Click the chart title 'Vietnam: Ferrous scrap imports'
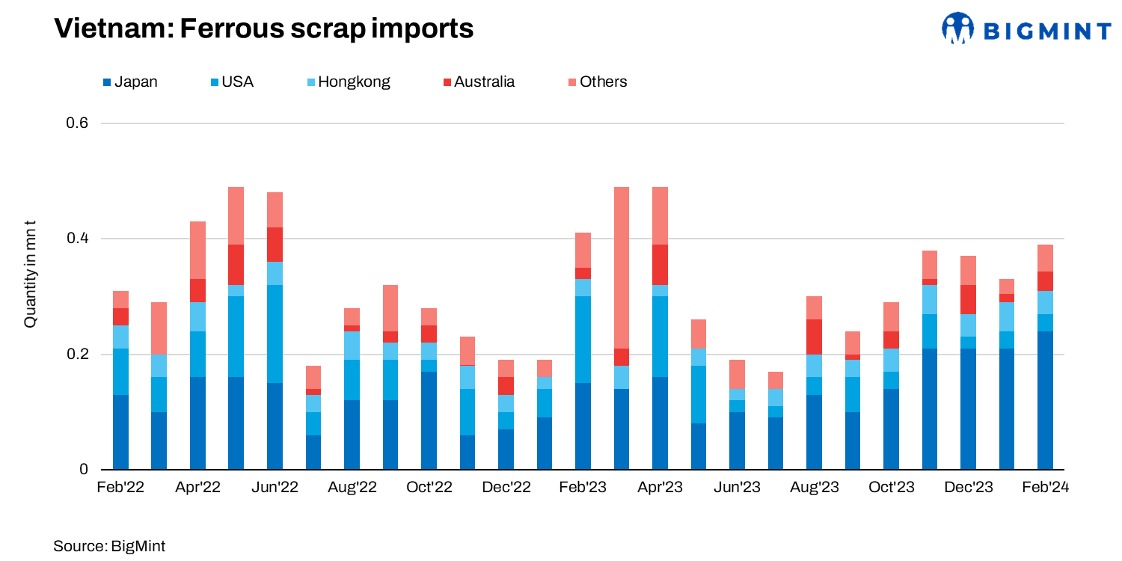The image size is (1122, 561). (x=264, y=28)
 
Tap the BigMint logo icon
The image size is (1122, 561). (x=957, y=28)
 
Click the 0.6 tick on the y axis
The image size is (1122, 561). (x=79, y=123)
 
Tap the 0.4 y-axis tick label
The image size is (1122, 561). (x=79, y=239)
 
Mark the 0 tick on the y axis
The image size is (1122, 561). (x=85, y=470)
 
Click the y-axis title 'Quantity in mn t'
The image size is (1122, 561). (x=30, y=273)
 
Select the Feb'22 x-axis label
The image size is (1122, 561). (x=120, y=488)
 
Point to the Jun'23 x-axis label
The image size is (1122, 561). (x=738, y=488)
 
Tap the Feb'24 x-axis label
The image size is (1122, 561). (x=1045, y=488)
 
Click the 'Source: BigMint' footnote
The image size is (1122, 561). (x=109, y=546)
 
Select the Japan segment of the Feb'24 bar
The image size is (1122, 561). (x=1045, y=400)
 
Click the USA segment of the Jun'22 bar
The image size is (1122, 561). (x=275, y=325)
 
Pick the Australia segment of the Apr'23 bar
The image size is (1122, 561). (x=660, y=265)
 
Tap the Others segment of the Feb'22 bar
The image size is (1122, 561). (x=120, y=299)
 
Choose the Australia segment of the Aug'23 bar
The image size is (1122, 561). (x=815, y=337)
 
